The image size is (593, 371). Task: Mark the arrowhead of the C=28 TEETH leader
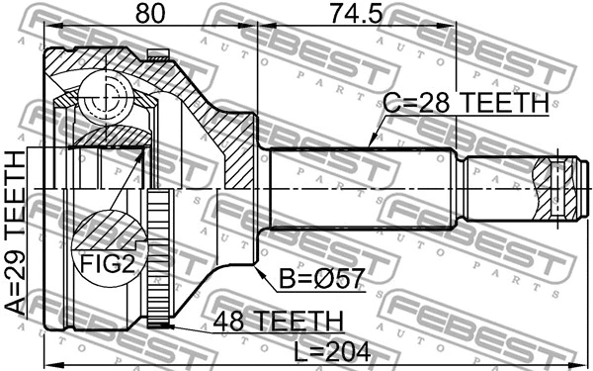368,146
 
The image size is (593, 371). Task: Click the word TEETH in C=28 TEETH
502,102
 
